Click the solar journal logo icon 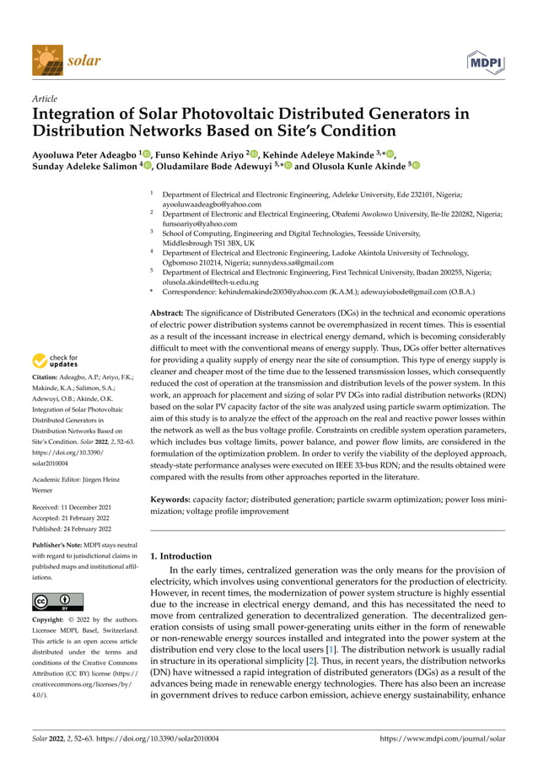click(46, 61)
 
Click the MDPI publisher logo click(487, 62)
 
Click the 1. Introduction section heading click(180, 556)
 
